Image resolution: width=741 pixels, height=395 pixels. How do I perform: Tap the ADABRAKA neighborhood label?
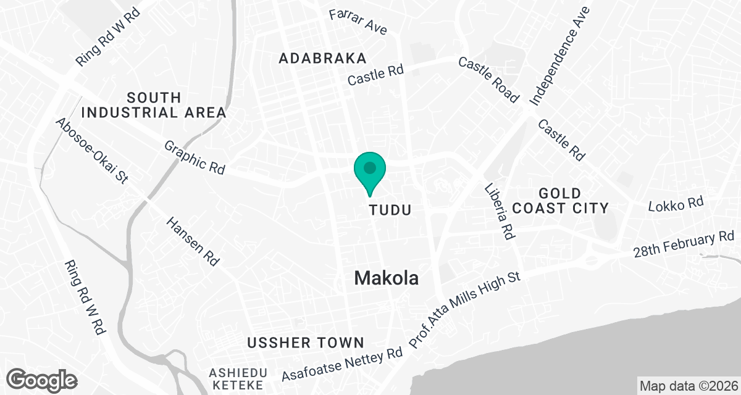point(322,58)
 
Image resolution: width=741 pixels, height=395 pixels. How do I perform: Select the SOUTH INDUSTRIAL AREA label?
point(154,105)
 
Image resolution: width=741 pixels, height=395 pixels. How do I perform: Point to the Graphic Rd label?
point(195,157)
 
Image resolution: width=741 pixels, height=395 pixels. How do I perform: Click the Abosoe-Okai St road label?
point(91,150)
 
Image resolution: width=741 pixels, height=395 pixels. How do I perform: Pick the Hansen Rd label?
point(193,240)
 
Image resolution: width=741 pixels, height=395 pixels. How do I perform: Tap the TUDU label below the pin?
point(390,210)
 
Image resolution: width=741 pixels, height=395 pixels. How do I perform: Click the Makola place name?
point(387,278)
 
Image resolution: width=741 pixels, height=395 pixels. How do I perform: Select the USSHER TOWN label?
point(306,343)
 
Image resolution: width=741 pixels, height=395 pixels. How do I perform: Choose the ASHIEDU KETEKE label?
point(238,379)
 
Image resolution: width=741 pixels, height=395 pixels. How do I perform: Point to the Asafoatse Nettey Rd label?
point(341,365)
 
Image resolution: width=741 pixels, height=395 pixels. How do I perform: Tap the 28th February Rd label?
point(684,245)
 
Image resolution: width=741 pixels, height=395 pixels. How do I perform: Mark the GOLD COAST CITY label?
point(560,200)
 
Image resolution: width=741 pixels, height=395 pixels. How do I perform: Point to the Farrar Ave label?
point(358,22)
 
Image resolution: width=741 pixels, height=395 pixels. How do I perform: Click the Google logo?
point(42,378)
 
